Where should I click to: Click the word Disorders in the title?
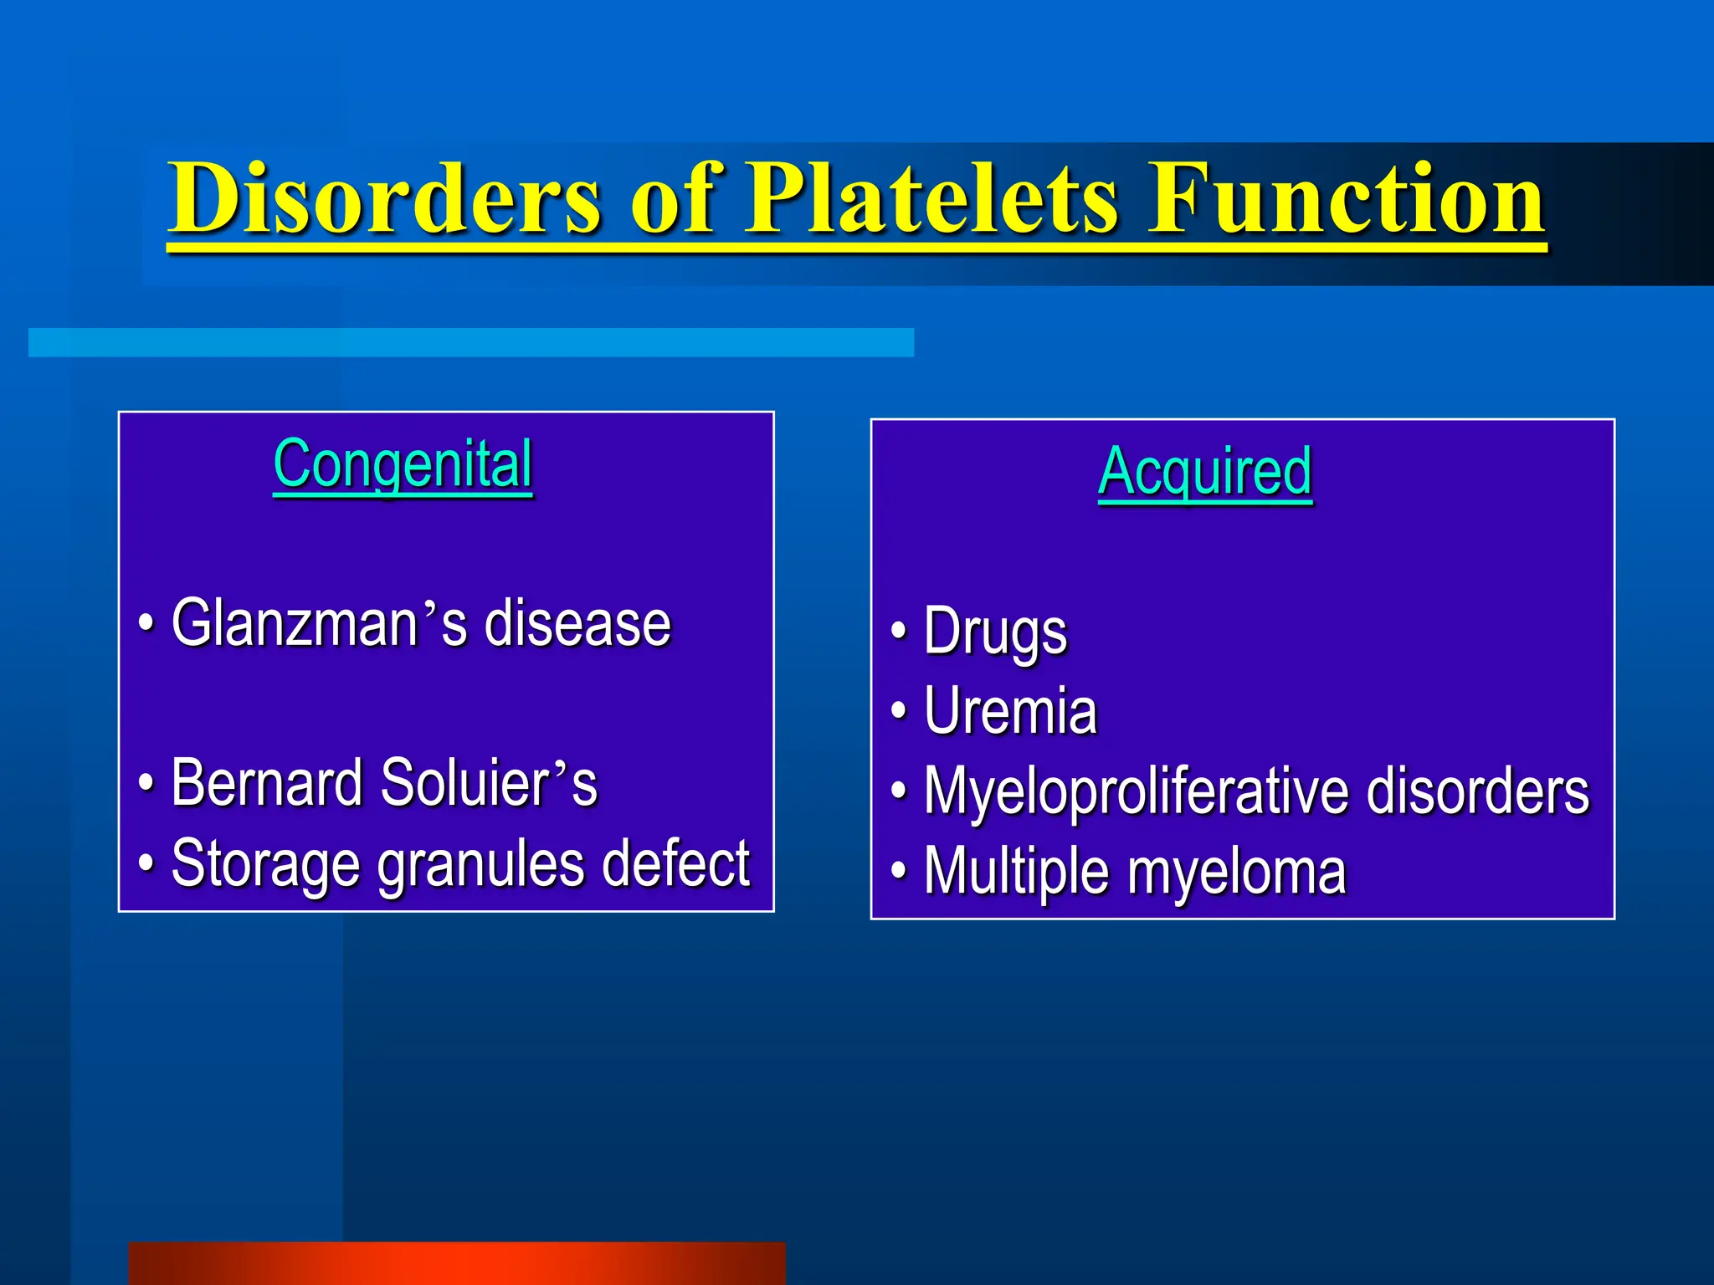click(385, 198)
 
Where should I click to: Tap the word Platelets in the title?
click(931, 198)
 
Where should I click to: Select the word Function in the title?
click(1346, 198)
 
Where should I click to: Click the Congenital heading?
click(403, 464)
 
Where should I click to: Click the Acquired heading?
click(1204, 472)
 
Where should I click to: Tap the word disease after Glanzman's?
click(577, 623)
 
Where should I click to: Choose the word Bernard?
click(266, 783)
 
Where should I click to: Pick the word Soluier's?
click(489, 783)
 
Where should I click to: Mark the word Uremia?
click(1010, 711)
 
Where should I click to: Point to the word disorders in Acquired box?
click(1477, 790)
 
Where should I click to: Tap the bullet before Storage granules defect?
click(146, 862)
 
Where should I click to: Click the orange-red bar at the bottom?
click(457, 1263)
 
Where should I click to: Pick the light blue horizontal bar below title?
click(470, 342)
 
